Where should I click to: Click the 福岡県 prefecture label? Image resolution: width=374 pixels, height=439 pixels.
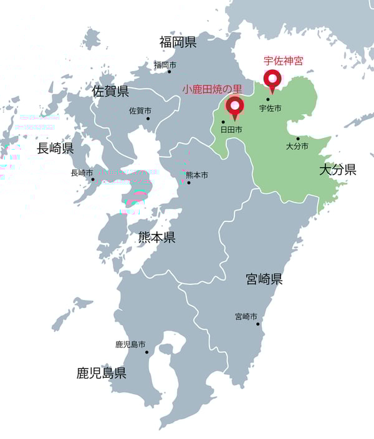(178, 42)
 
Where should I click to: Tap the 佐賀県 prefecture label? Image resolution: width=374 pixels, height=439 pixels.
(110, 92)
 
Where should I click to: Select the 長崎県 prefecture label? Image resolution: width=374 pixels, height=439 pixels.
(55, 148)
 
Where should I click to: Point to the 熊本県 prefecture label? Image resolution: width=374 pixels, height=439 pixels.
(156, 238)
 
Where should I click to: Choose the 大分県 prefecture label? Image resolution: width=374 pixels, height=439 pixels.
(337, 170)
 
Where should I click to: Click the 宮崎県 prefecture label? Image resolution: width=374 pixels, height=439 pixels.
(264, 279)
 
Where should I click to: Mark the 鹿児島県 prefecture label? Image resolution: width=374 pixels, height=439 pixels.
(102, 374)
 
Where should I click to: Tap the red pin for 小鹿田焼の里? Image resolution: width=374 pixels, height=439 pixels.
(235, 107)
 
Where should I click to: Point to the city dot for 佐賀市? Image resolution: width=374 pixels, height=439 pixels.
(148, 118)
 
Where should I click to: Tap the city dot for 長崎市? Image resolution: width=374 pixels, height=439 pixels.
(93, 180)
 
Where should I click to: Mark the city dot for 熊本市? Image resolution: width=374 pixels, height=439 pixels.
(188, 183)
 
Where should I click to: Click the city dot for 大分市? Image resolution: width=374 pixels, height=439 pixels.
(298, 138)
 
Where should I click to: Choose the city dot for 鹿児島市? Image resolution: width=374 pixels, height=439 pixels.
(147, 352)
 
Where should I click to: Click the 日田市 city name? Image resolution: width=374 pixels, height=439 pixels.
(231, 130)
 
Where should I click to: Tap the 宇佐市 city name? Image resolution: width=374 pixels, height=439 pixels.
(270, 109)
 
